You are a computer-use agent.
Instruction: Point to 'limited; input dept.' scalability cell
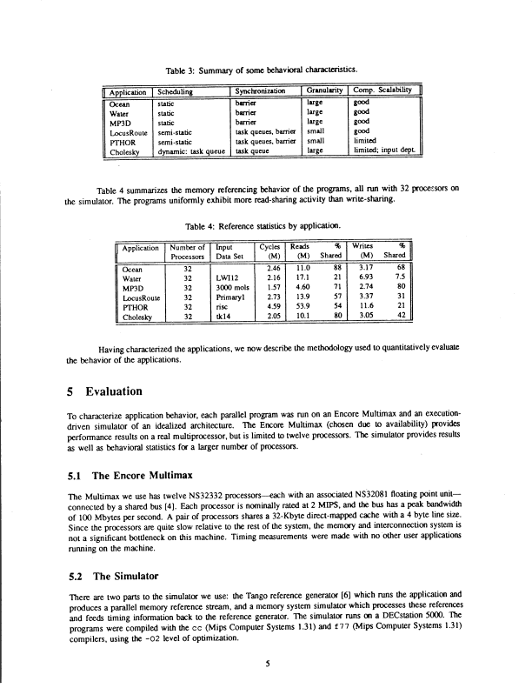pos(385,150)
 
